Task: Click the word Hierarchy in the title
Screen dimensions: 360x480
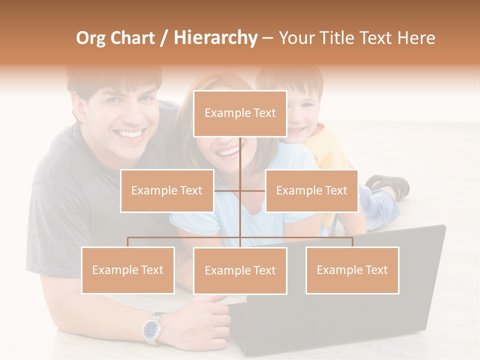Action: [215, 38]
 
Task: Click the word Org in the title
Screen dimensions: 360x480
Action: [91, 38]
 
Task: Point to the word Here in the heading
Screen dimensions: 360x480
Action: [416, 38]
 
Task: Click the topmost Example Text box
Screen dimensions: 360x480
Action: [240, 113]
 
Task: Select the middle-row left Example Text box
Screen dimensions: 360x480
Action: [167, 190]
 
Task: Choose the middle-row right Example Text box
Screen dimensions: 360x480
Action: [311, 190]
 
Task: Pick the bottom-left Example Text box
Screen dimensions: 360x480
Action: [128, 270]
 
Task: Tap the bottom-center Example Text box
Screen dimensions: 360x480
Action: [240, 271]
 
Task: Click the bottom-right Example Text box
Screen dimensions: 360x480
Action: [352, 270]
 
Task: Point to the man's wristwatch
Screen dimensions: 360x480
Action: [152, 328]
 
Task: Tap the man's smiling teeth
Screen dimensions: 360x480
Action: [130, 134]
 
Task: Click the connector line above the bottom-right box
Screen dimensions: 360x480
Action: [352, 241]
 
